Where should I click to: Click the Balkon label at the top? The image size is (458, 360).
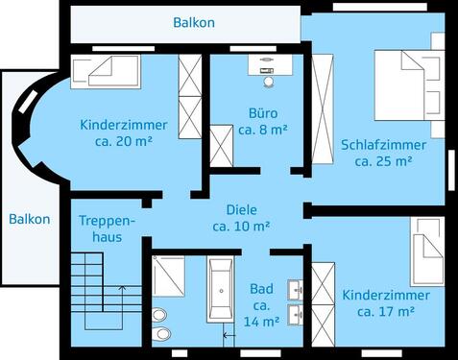(194, 21)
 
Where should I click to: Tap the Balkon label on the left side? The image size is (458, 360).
(30, 219)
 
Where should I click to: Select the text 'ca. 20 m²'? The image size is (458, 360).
(123, 140)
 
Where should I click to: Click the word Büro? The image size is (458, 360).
(257, 112)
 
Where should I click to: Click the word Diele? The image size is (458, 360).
(241, 209)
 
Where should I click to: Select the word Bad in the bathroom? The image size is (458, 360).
(261, 288)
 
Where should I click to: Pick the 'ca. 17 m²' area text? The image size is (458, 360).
(385, 311)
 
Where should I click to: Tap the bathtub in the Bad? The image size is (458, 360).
(221, 291)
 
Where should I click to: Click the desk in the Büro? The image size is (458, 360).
(267, 60)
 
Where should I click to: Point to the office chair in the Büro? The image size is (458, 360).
(267, 72)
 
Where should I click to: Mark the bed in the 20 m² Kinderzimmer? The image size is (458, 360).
(107, 71)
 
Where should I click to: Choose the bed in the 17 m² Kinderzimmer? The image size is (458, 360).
(425, 252)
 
